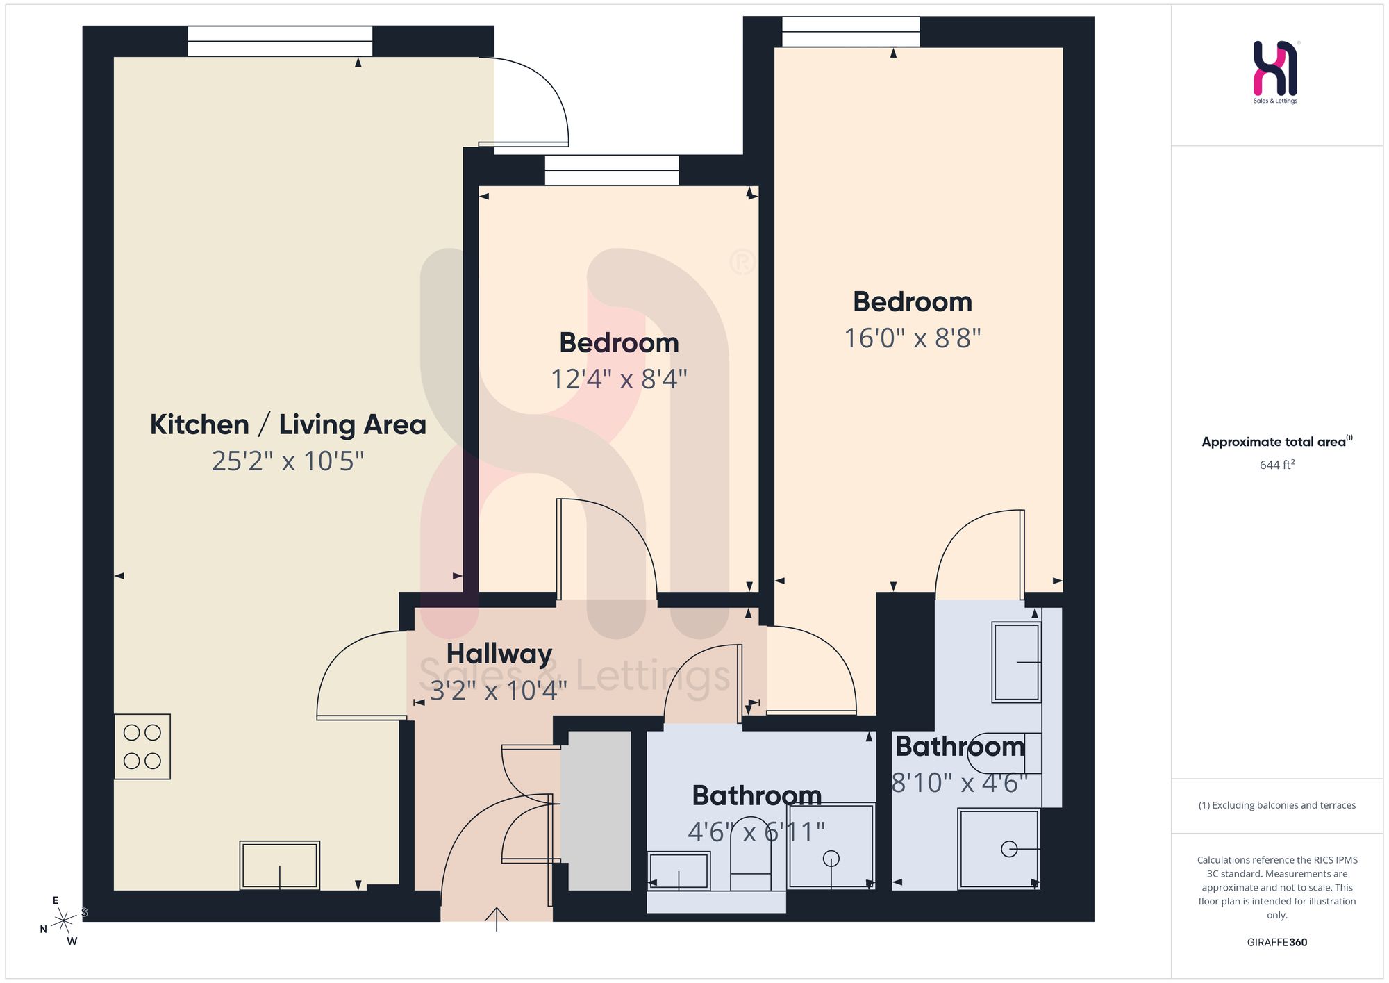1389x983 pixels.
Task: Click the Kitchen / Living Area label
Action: (288, 424)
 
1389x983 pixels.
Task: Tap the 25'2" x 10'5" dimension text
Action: (288, 461)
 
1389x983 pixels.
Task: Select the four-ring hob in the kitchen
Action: (142, 747)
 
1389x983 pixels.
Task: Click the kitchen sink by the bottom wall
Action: (280, 866)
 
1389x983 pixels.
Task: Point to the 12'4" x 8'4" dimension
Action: (619, 379)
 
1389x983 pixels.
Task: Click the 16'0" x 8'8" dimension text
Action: (913, 338)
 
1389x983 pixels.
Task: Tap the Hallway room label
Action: (499, 654)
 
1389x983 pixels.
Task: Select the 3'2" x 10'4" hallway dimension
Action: (499, 691)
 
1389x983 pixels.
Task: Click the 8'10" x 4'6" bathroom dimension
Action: (959, 782)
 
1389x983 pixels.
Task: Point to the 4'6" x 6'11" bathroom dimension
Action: (756, 832)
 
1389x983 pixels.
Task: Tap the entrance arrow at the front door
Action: (497, 918)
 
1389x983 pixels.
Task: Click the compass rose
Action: (63, 922)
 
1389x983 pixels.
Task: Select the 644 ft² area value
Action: (1277, 465)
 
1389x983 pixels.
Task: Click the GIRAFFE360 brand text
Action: (1277, 943)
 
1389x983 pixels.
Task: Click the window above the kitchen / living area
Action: (280, 41)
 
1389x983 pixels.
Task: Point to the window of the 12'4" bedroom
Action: (612, 170)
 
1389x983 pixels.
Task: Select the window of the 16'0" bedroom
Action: (851, 32)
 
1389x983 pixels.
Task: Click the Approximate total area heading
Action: (1277, 442)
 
